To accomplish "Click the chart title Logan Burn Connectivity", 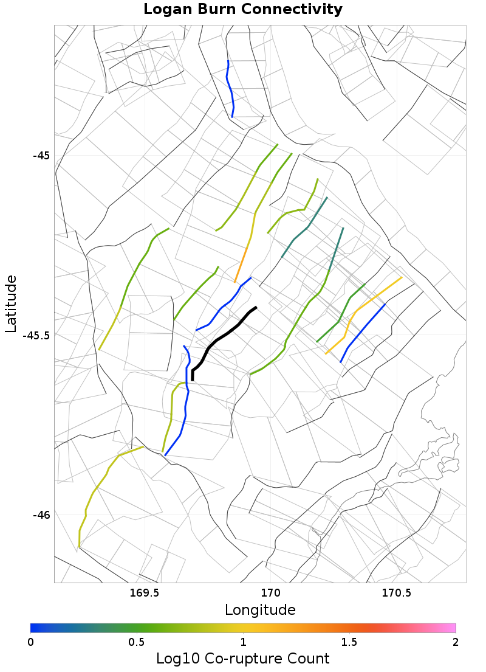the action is pyautogui.click(x=243, y=10).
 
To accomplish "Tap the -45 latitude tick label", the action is pyautogui.click(x=41, y=155).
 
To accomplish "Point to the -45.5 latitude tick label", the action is pyautogui.click(x=36, y=335).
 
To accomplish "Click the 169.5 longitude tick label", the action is pyautogui.click(x=145, y=593).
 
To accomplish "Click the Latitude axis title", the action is pyautogui.click(x=11, y=303).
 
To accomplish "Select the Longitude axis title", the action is pyautogui.click(x=260, y=610).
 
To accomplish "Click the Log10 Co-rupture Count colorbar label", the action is pyautogui.click(x=243, y=659).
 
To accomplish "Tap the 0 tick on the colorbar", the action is pyautogui.click(x=31, y=642).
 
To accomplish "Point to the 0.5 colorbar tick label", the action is pyautogui.click(x=137, y=642).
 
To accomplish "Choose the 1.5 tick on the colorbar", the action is pyautogui.click(x=349, y=642).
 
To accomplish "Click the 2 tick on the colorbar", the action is pyautogui.click(x=456, y=642).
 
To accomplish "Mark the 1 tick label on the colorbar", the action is pyautogui.click(x=243, y=642).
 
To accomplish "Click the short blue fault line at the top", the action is pyautogui.click(x=230, y=88).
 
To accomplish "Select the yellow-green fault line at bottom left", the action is pyautogui.click(x=97, y=487).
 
